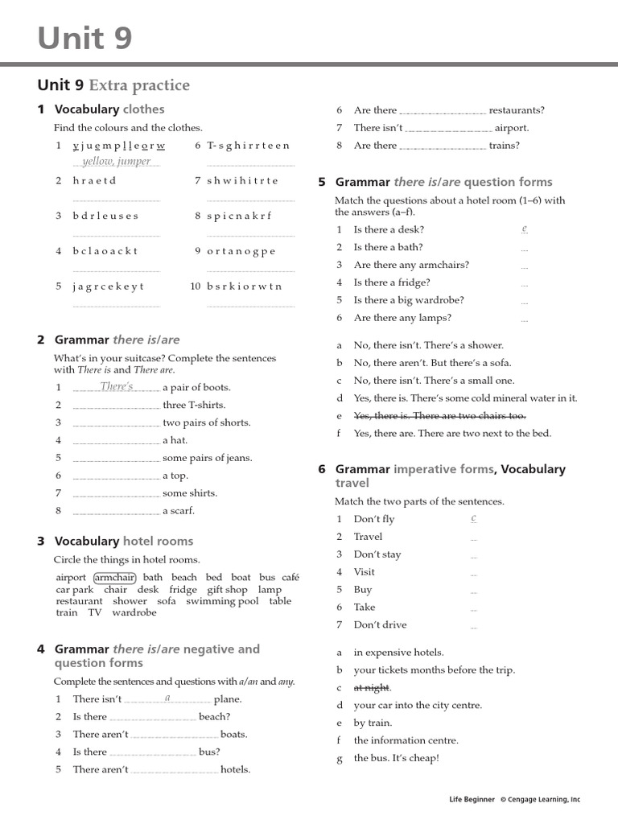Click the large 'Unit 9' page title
84,38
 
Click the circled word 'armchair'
115,577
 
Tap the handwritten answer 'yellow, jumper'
116,161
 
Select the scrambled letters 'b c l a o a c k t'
105,251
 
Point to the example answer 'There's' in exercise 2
117,387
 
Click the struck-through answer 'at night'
372,687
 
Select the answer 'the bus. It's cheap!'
396,758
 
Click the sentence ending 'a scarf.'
179,511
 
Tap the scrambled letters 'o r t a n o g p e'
241,251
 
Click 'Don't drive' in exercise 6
380,624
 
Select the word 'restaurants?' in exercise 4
517,110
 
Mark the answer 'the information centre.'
406,740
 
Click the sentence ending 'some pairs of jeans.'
207,458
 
